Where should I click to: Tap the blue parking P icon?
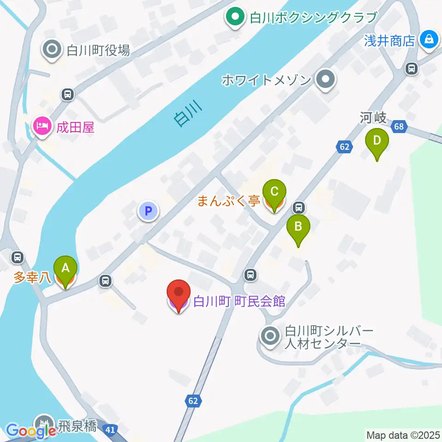point(148,211)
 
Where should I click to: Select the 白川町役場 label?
point(99,50)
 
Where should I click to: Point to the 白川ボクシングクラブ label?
point(313,18)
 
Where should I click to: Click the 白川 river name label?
point(188,114)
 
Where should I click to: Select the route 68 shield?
point(399,127)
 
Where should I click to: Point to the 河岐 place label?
point(373,118)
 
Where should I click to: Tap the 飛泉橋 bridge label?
point(78,425)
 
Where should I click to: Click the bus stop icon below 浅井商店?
point(411,69)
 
